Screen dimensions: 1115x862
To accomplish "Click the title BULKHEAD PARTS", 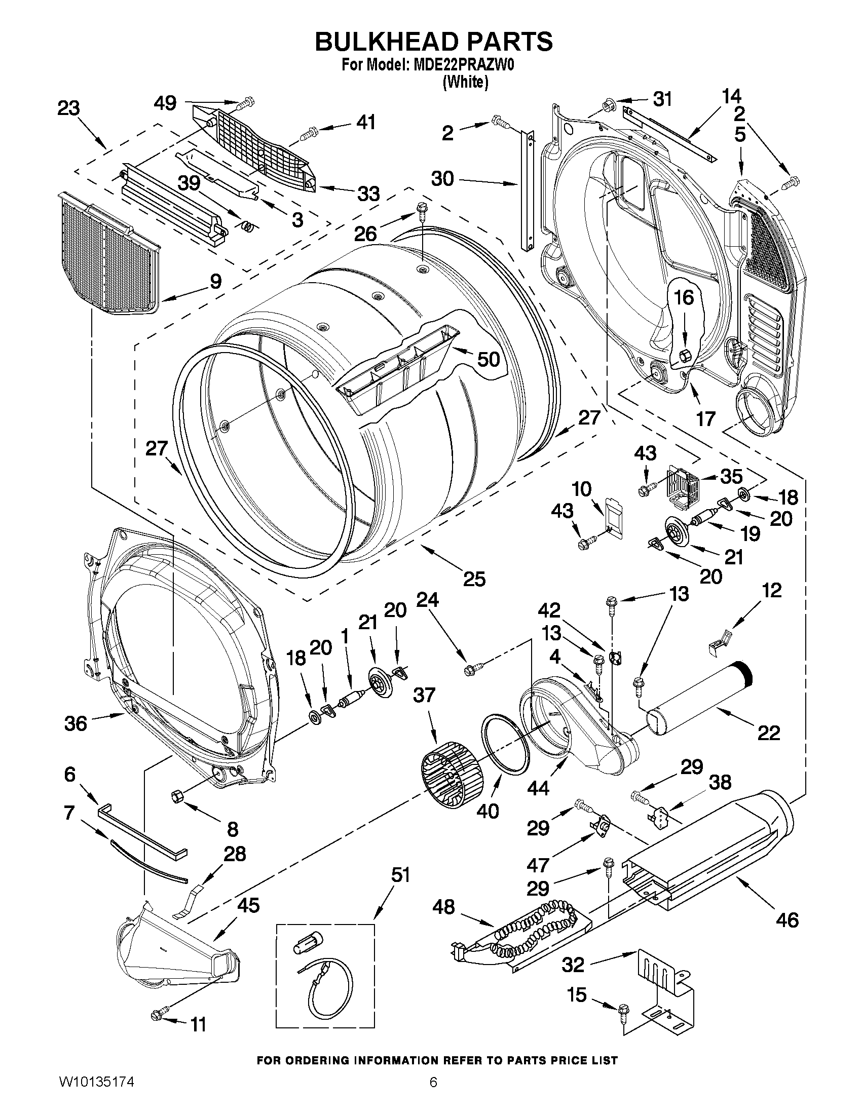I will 433,42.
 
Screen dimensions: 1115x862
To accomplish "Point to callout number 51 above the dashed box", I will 400,875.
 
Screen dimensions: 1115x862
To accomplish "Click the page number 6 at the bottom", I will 433,1096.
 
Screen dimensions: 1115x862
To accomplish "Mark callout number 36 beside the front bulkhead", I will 75,723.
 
